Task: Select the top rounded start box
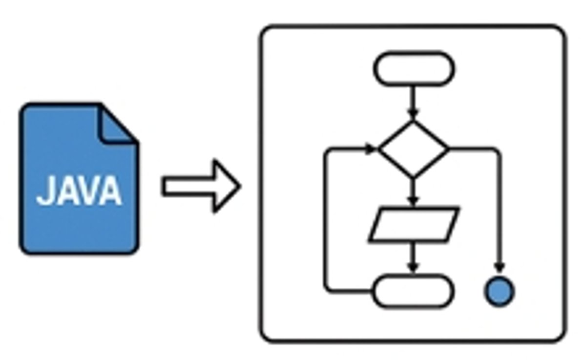coord(414,69)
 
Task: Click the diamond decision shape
coord(414,148)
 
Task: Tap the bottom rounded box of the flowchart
coord(414,292)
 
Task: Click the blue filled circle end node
coord(499,291)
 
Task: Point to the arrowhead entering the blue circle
coord(499,267)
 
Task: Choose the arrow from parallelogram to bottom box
coord(414,257)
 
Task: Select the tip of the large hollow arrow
coord(239,187)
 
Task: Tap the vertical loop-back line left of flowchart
coord(326,220)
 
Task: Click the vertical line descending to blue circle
coord(499,210)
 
